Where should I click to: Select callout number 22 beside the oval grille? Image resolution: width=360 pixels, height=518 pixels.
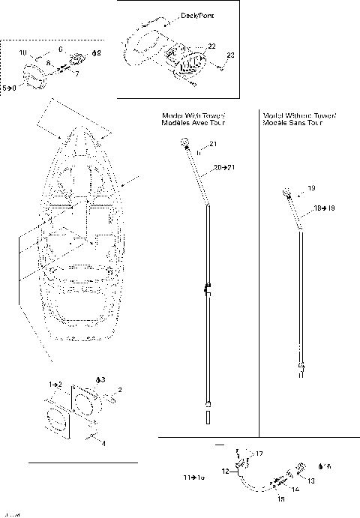(x=212, y=46)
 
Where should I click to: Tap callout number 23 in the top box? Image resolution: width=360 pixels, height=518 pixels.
(x=230, y=55)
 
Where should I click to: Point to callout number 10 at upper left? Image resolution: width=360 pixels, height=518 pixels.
(x=22, y=52)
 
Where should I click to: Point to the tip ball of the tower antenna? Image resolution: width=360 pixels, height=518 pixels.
(x=184, y=142)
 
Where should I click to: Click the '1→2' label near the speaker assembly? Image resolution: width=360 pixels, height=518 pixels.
(x=55, y=383)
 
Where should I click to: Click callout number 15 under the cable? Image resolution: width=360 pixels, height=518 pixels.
(x=282, y=498)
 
